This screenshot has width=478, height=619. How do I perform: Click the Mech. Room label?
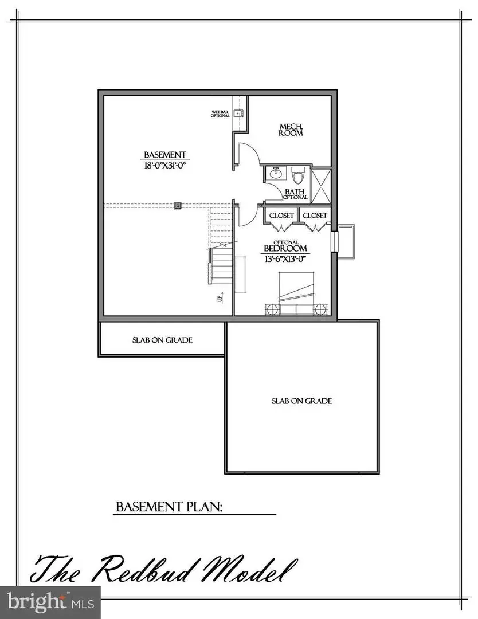click(x=291, y=130)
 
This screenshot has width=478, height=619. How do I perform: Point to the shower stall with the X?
click(x=322, y=186)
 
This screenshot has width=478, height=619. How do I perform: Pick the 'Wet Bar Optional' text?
click(x=220, y=113)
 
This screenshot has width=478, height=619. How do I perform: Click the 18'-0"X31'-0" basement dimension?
click(x=164, y=166)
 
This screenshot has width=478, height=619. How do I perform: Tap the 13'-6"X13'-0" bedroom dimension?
click(x=285, y=258)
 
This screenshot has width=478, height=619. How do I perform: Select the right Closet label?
click(x=315, y=216)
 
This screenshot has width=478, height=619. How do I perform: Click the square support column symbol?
click(x=178, y=205)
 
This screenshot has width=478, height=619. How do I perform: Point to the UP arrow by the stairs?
click(x=220, y=298)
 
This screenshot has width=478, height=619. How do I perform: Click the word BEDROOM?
click(x=285, y=249)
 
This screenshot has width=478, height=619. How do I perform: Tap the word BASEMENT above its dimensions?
click(x=164, y=155)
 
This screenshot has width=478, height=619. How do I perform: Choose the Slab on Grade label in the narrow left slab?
click(x=162, y=340)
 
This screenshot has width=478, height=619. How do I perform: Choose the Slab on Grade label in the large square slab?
click(x=301, y=401)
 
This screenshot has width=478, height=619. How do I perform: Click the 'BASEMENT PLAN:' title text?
click(x=169, y=507)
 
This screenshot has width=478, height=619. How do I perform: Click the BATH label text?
click(x=295, y=192)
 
